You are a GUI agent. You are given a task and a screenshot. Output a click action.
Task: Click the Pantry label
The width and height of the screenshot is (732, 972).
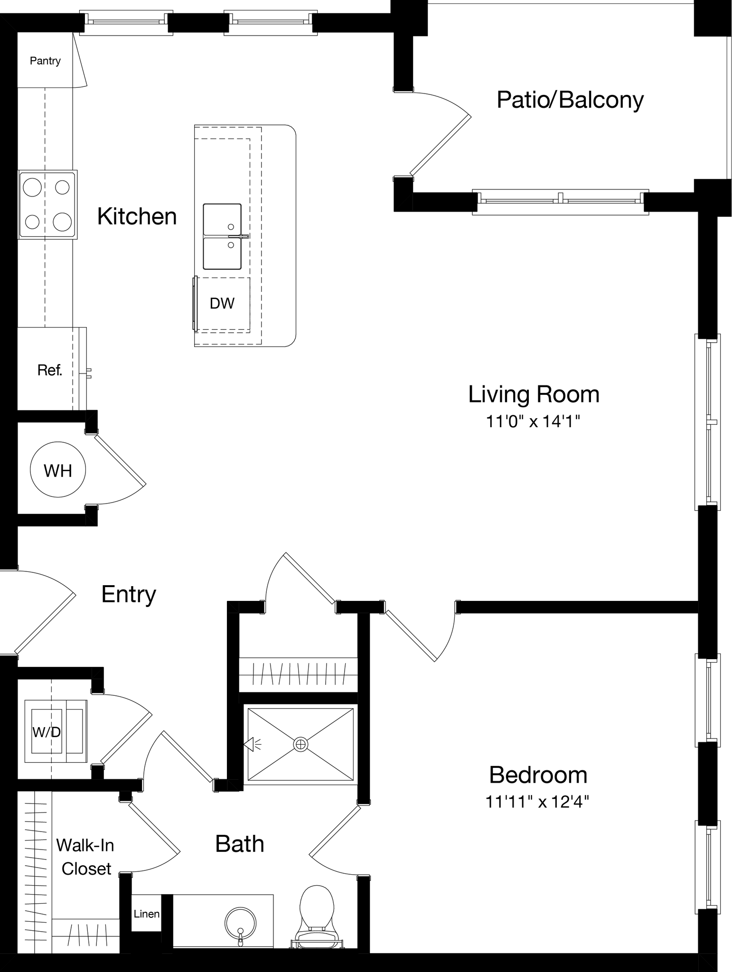coord(45,61)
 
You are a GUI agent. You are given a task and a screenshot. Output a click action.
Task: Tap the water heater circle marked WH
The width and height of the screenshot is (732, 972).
coord(58,470)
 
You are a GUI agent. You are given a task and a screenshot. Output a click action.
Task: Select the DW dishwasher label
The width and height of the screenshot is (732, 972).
coord(222,303)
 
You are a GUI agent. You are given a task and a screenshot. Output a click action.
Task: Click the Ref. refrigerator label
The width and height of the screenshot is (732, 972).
coord(50,370)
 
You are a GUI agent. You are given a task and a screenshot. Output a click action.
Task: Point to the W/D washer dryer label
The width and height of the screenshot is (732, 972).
coord(47,732)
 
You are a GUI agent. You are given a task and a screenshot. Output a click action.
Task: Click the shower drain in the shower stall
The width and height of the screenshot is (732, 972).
coord(300,744)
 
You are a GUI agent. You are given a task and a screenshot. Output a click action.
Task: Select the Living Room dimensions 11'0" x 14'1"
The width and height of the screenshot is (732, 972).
coord(533,421)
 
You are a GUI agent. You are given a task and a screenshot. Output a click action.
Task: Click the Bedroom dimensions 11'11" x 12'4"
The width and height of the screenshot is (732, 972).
coord(537,802)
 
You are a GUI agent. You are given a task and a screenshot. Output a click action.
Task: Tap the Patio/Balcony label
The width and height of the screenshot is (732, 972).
coord(570,100)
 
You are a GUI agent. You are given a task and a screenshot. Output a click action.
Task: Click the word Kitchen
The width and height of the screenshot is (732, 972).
coord(137,216)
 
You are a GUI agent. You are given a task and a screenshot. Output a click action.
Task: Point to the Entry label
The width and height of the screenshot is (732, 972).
coord(129,594)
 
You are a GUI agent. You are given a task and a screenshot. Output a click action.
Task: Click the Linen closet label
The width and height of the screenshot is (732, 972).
coord(146,914)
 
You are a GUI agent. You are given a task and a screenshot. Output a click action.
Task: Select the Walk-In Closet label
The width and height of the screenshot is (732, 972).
coord(85,857)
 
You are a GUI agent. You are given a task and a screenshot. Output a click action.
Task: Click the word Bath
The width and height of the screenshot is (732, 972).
coord(239,844)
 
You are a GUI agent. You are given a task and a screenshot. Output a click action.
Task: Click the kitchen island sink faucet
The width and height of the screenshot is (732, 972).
coord(237,236)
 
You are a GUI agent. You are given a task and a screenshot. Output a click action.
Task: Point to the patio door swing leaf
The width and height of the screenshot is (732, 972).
coord(441,144)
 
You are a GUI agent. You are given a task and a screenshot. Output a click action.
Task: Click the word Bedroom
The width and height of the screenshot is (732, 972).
coord(538,775)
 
